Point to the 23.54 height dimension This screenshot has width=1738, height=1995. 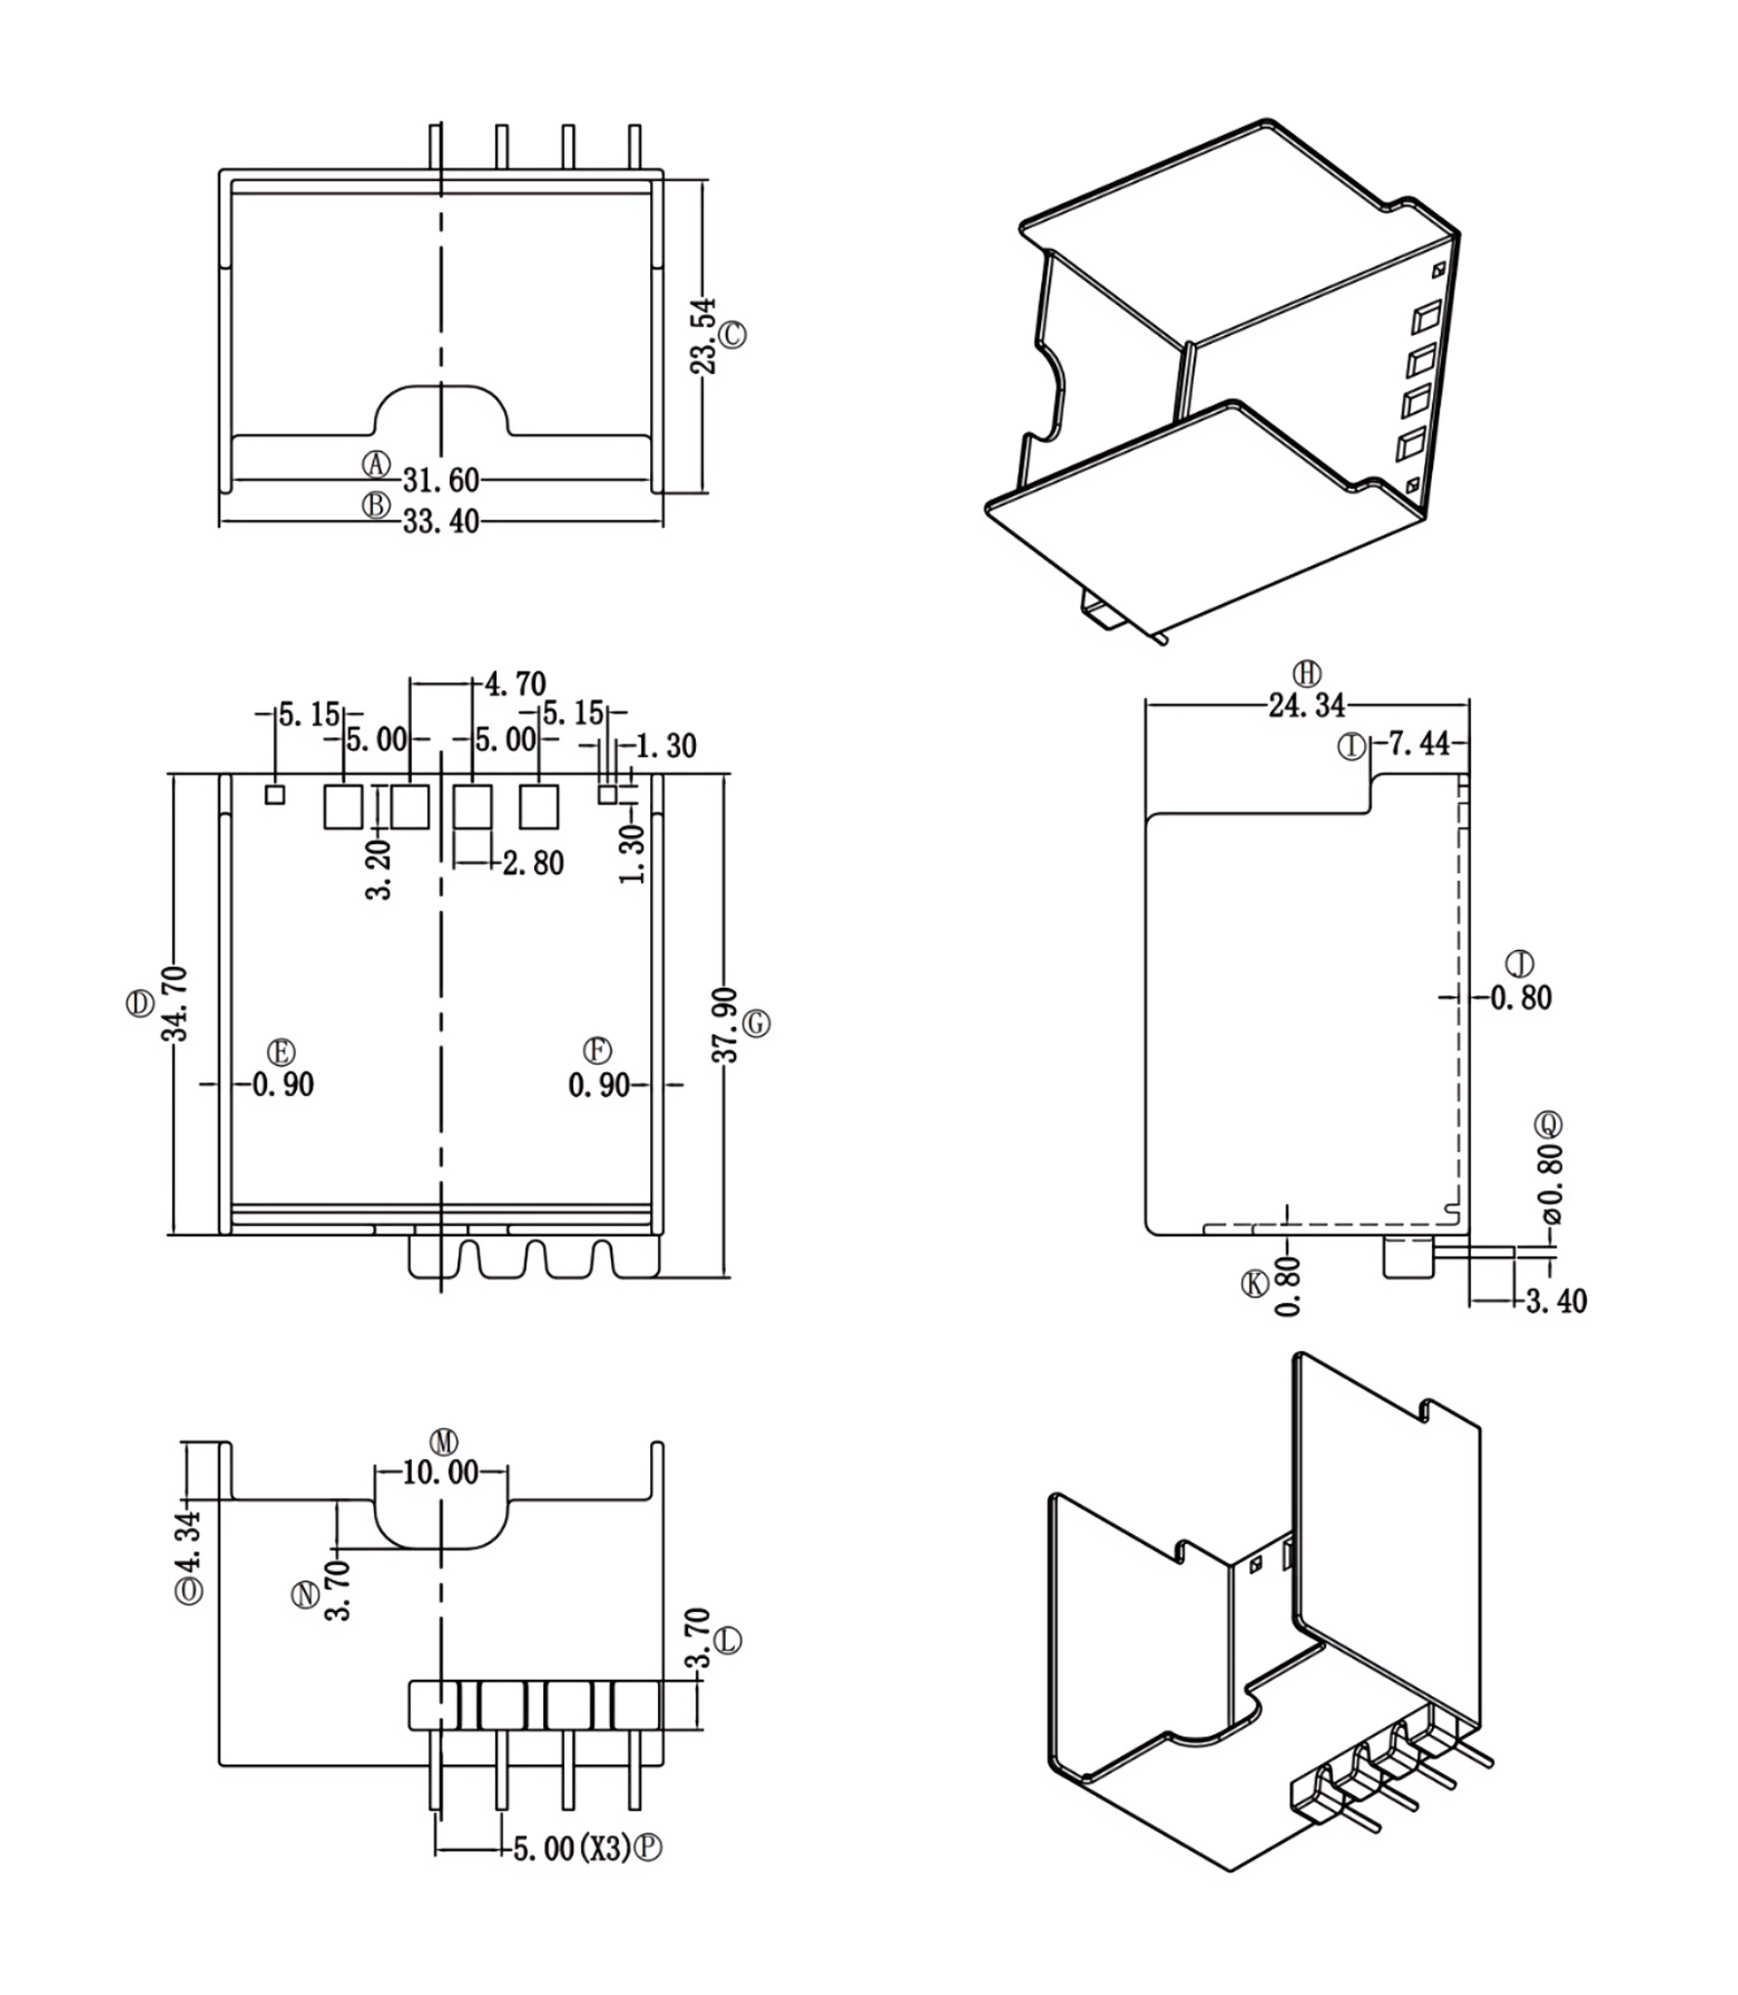[x=704, y=336]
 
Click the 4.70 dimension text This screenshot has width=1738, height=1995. [x=515, y=684]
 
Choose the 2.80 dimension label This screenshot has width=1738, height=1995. [x=533, y=863]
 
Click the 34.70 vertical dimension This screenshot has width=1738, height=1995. [x=176, y=1003]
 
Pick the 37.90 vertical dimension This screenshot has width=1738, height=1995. [x=725, y=1025]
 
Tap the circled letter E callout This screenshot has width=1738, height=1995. [x=282, y=1053]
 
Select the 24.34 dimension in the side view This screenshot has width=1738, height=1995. [x=1306, y=705]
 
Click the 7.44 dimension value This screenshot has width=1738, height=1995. [x=1419, y=743]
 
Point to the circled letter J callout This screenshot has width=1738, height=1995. [x=1520, y=964]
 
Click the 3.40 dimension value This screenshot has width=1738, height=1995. [x=1556, y=1301]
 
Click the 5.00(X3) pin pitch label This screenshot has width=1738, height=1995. [x=571, y=1848]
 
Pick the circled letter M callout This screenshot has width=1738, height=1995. [x=444, y=1442]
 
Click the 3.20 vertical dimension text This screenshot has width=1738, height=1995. [x=379, y=869]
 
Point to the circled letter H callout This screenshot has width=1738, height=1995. [x=1307, y=674]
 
